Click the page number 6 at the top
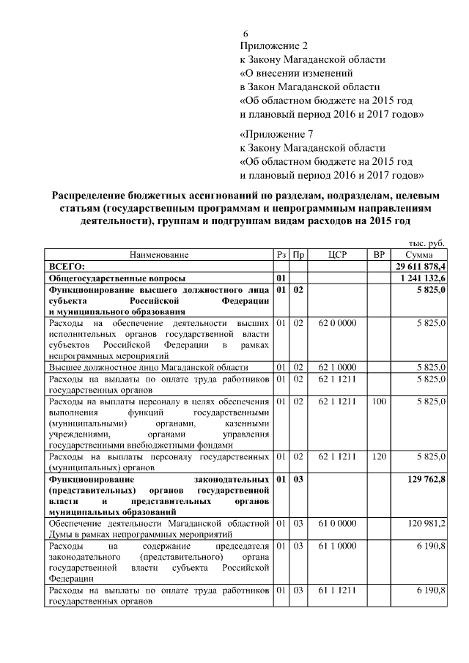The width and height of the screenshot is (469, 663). pyautogui.click(x=245, y=34)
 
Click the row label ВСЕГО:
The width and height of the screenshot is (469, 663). pyautogui.click(x=67, y=266)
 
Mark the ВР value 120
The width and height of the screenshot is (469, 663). pyautogui.click(x=379, y=456)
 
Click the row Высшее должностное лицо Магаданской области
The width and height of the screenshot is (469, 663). pyautogui.click(x=147, y=367)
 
